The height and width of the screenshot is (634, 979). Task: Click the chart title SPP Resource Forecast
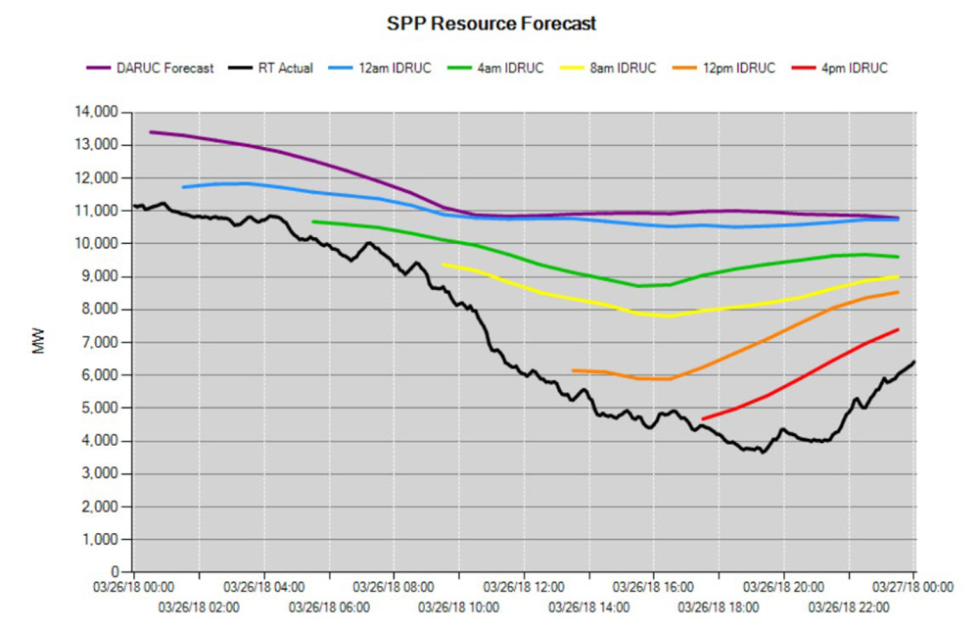point(491,23)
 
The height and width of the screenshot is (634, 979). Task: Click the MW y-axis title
point(40,341)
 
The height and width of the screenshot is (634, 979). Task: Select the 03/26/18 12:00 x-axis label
point(524,587)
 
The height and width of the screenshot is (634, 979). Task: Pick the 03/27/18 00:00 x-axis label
point(914,587)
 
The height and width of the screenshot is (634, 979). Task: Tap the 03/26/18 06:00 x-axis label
point(329,608)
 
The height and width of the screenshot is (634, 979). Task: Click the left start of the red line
point(703,419)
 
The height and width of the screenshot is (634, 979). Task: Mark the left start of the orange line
point(573,370)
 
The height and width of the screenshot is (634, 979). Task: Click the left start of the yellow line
point(443,264)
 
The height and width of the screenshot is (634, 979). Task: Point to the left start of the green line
point(312,221)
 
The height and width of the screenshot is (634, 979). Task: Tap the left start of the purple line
point(150,131)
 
